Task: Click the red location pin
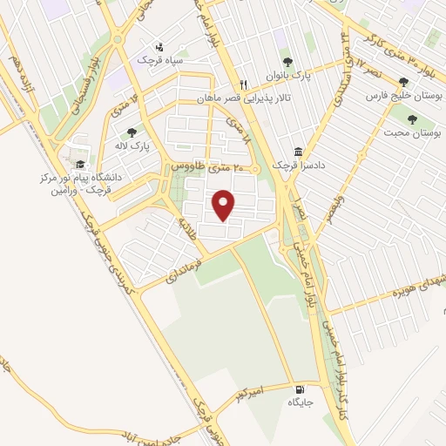(x=225, y=204)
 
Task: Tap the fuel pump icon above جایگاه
(x=301, y=389)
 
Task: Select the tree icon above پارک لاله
(x=132, y=132)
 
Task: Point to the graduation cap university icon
(x=80, y=164)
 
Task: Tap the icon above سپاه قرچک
(x=159, y=47)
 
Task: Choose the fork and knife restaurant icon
(x=244, y=84)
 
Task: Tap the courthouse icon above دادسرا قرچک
(x=299, y=152)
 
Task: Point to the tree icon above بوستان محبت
(x=411, y=119)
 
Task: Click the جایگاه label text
(x=301, y=403)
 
